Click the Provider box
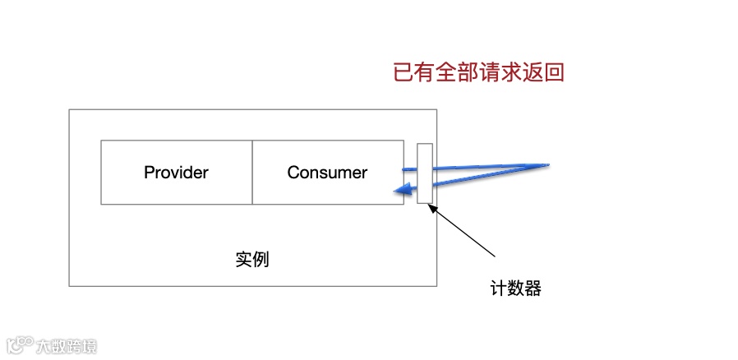(176, 173)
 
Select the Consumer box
(327, 173)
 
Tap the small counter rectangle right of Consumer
(424, 173)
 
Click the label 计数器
(515, 288)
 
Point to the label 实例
(251, 260)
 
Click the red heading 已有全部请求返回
(478, 72)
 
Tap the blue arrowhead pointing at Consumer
(398, 192)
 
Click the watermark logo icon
(19, 344)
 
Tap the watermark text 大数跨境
(66, 346)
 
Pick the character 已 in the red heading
(404, 72)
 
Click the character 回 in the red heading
(554, 72)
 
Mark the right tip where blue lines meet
(547, 164)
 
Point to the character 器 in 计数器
(533, 288)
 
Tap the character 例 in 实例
(261, 260)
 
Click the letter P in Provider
(149, 173)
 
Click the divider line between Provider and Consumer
(252, 173)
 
